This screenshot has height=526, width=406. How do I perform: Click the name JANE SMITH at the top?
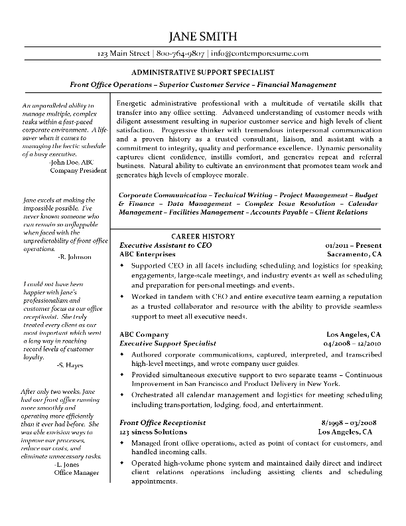[202, 36]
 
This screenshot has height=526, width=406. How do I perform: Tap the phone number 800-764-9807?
[180, 53]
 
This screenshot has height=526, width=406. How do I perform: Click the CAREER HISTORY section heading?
[203, 236]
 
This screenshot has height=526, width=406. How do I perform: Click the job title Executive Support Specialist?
[168, 343]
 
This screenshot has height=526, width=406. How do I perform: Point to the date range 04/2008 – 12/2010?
[352, 343]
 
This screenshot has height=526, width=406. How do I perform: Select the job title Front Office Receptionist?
[163, 422]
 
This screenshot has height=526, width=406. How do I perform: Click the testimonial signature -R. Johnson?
[75, 256]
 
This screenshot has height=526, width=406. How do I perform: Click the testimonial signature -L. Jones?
[71, 465]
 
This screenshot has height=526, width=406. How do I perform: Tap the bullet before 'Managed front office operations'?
[122, 442]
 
